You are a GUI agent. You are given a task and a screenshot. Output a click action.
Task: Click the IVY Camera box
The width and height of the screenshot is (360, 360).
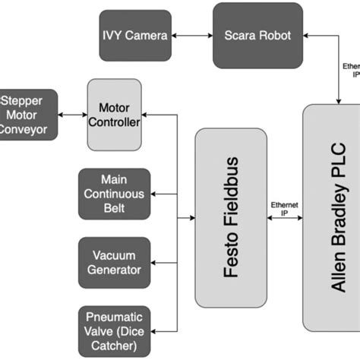pyautogui.click(x=134, y=36)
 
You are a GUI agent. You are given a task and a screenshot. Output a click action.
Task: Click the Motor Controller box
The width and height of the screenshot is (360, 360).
pyautogui.click(x=115, y=115)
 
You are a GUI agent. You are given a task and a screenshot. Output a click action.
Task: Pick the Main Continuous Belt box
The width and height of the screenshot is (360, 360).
pyautogui.click(x=114, y=194)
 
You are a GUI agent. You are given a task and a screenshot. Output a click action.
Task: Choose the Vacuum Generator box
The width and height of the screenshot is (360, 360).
pyautogui.click(x=114, y=262)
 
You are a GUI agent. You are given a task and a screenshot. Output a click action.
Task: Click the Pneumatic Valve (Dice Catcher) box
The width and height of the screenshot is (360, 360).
pyautogui.click(x=114, y=329)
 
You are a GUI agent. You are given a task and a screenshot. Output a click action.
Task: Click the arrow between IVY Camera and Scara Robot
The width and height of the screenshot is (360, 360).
pyautogui.click(x=191, y=36)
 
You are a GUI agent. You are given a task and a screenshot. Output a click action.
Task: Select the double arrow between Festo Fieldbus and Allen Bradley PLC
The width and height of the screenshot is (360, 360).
pyautogui.click(x=285, y=219)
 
